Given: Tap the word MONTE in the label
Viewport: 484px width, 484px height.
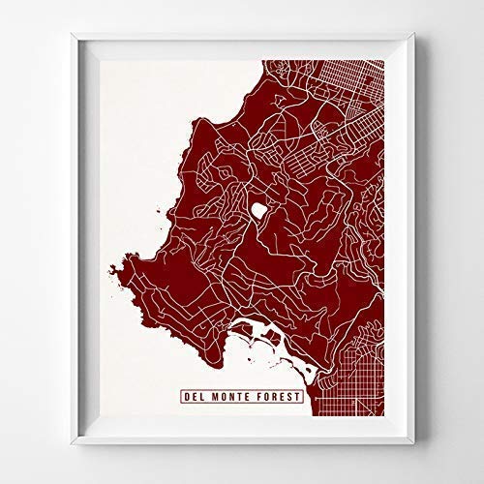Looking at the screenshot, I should tap(228, 395).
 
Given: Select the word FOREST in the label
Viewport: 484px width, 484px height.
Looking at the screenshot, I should tap(275, 395).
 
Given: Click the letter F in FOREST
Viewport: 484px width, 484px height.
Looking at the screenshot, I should tap(256, 395).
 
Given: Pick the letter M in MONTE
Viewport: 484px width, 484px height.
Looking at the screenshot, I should tap(213, 395).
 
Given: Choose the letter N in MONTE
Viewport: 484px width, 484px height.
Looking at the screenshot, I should tap(228, 395).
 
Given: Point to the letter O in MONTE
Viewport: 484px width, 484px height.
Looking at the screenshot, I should tap(221, 395).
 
